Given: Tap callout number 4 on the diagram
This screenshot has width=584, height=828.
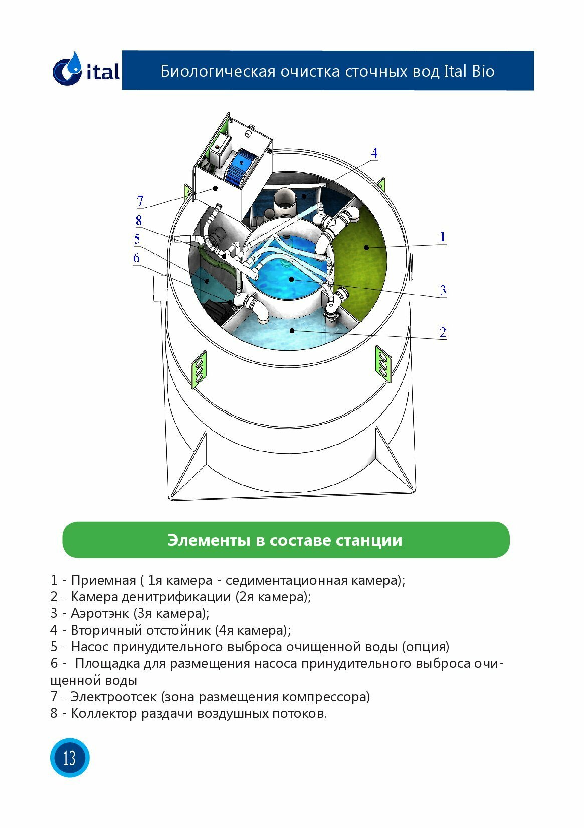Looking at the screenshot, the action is [374, 153].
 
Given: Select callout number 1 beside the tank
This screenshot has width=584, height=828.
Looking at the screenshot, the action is [442, 237].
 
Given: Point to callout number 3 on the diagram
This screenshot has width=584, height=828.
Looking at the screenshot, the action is [443, 290].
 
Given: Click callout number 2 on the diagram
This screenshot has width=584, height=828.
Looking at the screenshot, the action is [443, 332].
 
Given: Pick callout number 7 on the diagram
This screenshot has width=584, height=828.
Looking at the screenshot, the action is [140, 201].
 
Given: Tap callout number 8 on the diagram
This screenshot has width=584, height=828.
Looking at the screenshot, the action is [139, 220].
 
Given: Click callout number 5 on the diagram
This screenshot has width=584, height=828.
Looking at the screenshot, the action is [137, 239].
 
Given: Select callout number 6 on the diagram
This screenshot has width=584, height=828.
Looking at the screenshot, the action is [136, 258].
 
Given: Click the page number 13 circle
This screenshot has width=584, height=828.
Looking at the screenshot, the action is [69, 757].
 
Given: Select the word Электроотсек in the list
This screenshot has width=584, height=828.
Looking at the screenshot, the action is [114, 697].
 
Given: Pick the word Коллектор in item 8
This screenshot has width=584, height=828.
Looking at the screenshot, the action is [104, 713].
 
